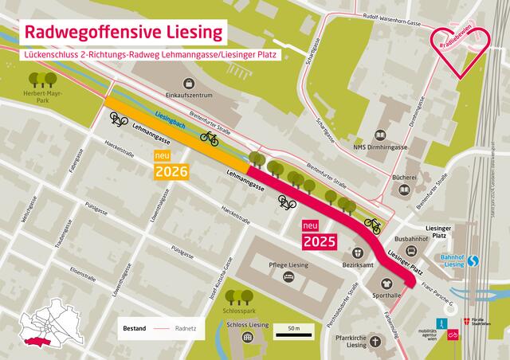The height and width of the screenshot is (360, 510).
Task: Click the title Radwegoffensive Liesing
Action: point(124,33)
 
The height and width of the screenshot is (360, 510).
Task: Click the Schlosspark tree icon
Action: point(234,298)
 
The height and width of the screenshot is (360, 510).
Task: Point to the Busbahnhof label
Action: point(412,237)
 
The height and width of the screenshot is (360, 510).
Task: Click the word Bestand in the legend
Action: point(135,327)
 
